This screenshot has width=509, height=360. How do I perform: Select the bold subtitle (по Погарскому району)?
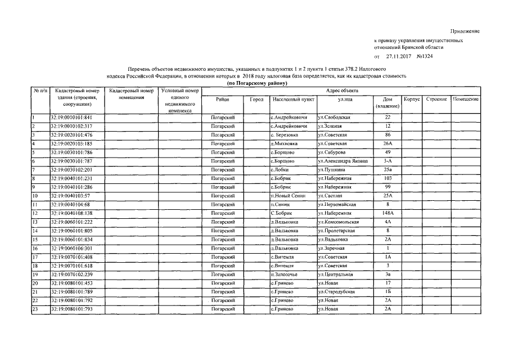pyautogui.click(x=256, y=83)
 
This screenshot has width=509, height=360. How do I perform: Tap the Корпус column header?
pyautogui.click(x=412, y=99)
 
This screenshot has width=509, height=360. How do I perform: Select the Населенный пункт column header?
pyautogui.click(x=292, y=99)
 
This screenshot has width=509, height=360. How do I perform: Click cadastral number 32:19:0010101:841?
pyautogui.click(x=71, y=118)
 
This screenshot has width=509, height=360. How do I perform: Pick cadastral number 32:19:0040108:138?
pyautogui.click(x=71, y=214)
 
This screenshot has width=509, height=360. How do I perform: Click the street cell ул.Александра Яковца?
pyautogui.click(x=343, y=161)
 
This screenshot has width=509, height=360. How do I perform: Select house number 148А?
pyautogui.click(x=387, y=214)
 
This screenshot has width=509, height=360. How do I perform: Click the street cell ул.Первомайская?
pyautogui.click(x=339, y=205)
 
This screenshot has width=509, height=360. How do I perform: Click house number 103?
pyautogui.click(x=387, y=179)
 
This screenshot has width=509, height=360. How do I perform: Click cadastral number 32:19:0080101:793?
pyautogui.click(x=71, y=309)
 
